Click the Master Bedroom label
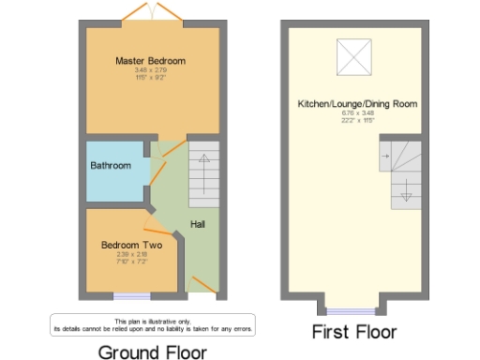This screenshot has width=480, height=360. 150,61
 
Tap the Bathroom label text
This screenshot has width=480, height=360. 111,166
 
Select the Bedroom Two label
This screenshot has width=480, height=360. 131,246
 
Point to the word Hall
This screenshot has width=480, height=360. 198,225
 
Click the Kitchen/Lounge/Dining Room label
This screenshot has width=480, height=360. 357,103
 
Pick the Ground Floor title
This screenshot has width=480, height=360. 153,352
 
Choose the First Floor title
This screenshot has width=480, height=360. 354,332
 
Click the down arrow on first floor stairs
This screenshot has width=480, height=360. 406,193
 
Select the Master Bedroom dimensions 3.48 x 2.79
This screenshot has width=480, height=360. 150,70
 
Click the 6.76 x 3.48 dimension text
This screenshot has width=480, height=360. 357,112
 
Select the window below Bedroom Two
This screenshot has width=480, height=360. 126,297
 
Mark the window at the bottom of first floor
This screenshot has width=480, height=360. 354,309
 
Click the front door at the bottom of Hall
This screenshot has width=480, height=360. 201,285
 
